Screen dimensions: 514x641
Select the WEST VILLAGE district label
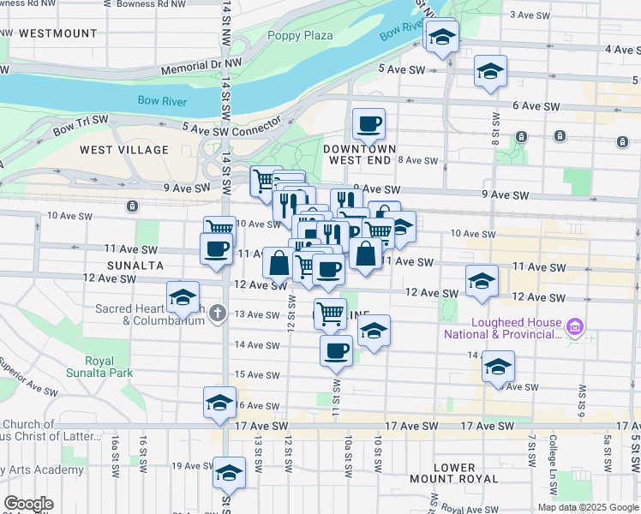click(124, 150)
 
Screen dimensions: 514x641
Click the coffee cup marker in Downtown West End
click(368, 124)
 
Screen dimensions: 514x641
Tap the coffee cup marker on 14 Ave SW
click(336, 350)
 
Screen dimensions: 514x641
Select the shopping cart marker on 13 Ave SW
click(330, 313)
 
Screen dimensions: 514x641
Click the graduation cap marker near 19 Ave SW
click(229, 473)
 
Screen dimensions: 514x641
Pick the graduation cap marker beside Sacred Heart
click(183, 297)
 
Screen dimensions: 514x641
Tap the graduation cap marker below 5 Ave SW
click(490, 71)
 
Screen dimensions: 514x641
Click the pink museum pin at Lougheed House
click(575, 326)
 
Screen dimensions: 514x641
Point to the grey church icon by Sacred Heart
click(218, 313)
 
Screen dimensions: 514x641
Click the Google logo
click(28, 504)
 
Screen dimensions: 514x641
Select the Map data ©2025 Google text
click(587, 507)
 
